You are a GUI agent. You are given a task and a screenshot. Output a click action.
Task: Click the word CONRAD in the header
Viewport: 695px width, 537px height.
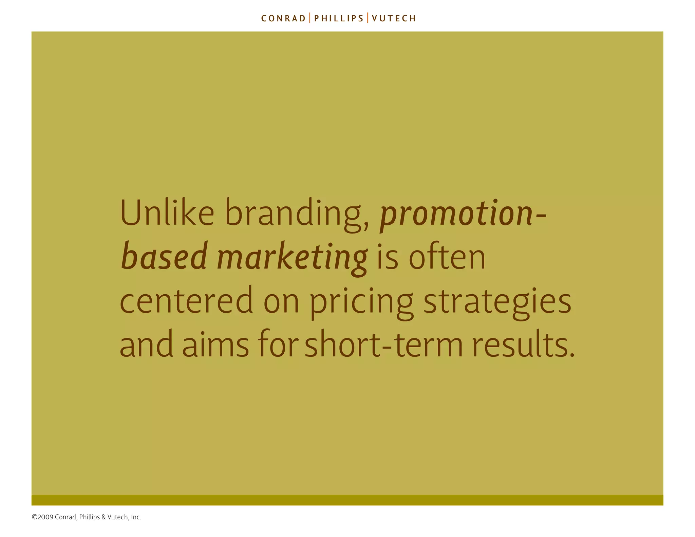click(283, 18)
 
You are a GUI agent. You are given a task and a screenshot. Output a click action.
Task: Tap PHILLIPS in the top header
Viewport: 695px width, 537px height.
click(339, 18)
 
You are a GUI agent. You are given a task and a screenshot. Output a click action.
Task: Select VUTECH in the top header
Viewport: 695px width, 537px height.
click(394, 18)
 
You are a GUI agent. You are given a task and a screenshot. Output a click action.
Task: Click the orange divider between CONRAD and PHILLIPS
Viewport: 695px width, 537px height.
click(310, 18)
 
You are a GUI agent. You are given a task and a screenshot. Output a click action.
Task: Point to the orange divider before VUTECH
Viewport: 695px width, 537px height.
click(368, 18)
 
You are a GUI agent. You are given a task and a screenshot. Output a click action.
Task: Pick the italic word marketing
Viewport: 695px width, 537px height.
click(292, 258)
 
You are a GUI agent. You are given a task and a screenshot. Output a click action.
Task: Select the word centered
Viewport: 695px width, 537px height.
click(186, 301)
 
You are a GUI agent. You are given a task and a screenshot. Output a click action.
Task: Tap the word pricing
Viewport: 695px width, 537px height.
click(361, 302)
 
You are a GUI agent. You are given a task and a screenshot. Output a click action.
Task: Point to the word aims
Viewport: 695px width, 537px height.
click(215, 345)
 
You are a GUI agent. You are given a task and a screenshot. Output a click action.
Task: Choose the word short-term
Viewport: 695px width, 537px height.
click(383, 345)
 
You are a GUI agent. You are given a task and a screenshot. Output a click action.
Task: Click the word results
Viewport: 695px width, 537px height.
click(523, 345)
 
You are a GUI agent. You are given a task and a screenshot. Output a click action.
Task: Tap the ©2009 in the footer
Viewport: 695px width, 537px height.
click(42, 517)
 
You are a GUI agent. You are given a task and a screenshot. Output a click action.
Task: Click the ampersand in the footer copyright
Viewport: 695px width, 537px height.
click(104, 517)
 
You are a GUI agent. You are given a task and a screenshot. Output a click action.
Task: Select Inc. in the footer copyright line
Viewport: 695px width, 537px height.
click(136, 517)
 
